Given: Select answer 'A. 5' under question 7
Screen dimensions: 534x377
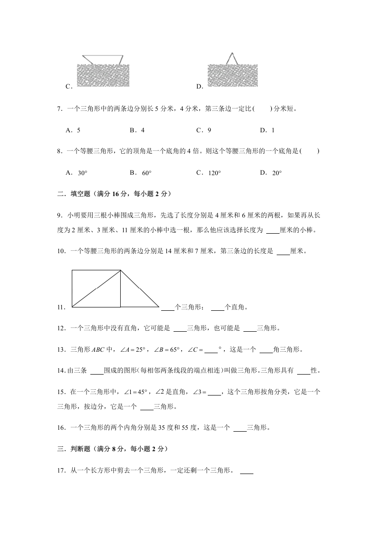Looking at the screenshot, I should click(73, 130).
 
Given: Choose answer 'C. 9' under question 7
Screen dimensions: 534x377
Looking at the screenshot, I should click(203, 130).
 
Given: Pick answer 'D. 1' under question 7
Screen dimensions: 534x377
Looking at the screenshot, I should click(267, 130).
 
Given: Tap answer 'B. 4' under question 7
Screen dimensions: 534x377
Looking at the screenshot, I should click(137, 130).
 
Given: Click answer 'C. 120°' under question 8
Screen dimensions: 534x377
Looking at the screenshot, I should click(208, 173).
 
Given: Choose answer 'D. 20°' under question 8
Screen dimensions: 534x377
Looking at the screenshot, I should click(271, 173).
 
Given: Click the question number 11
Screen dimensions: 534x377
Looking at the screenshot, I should click(60, 307).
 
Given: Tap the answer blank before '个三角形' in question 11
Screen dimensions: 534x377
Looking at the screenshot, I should click(168, 307).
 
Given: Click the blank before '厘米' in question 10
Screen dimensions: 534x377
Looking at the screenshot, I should click(283, 252).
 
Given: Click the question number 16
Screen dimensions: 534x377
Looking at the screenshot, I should click(60, 427).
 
